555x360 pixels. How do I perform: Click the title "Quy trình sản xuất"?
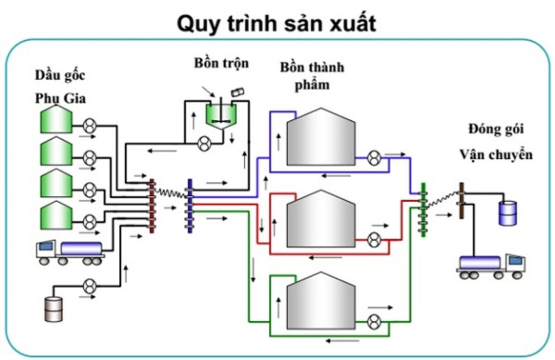[x=277, y=24]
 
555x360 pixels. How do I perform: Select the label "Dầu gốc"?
[x=60, y=75]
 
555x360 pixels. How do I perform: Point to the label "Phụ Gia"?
[x=60, y=98]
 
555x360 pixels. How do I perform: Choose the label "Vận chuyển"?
[x=495, y=154]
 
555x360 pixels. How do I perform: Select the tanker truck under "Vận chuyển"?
[x=492, y=266]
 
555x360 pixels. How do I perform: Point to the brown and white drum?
[x=53, y=309]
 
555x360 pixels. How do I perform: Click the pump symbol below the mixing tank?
[x=203, y=143]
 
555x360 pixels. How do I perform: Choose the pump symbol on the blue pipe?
[x=374, y=158]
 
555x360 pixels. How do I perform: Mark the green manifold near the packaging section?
[x=422, y=210]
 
